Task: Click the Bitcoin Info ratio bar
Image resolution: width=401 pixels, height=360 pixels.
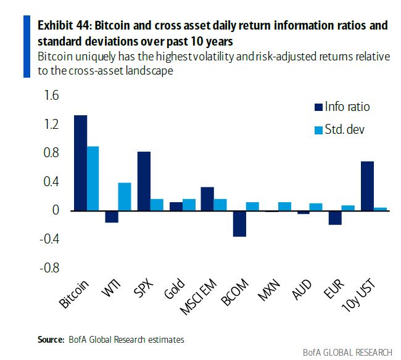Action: [x=80, y=163]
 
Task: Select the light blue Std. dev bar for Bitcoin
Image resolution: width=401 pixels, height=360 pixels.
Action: [x=93, y=178]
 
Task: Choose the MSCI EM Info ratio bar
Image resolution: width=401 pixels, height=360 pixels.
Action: [x=207, y=198]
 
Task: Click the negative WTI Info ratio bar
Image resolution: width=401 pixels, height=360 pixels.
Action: [x=112, y=216]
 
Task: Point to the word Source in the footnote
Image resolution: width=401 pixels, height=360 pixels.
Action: [x=49, y=339]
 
